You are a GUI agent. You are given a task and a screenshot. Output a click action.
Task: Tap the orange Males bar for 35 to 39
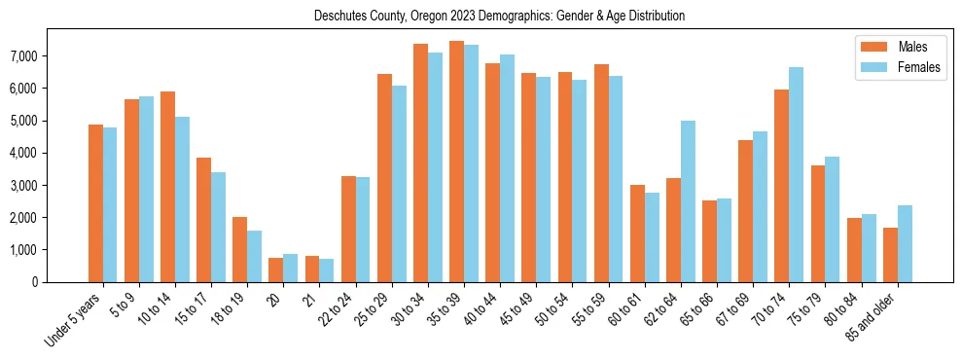click(x=456, y=162)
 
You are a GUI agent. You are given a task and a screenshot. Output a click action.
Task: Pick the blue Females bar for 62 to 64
click(x=688, y=201)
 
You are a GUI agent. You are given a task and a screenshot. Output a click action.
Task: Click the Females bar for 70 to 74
click(x=796, y=175)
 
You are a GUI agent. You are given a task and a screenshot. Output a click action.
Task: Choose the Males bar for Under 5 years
click(x=95, y=203)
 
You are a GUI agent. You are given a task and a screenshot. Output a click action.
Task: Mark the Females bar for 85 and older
click(x=905, y=243)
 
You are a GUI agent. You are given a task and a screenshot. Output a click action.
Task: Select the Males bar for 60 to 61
click(x=637, y=234)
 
